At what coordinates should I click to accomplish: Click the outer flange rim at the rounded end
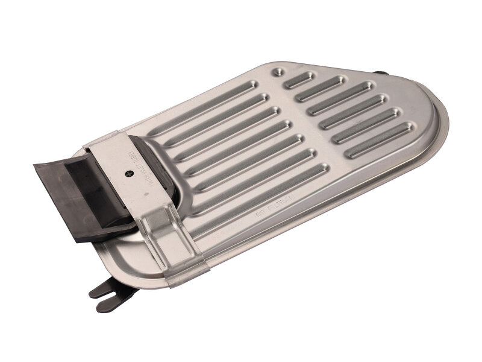tap(443, 121)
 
